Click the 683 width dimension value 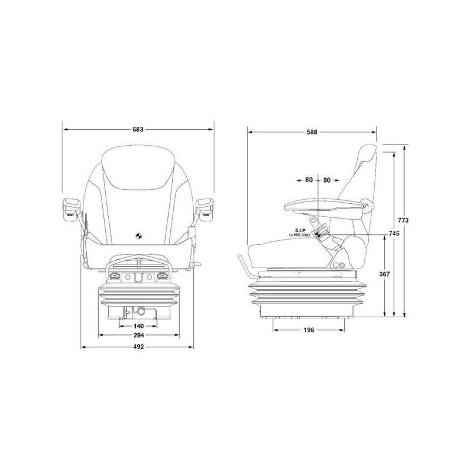coord(138,129)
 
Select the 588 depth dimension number coord(312,132)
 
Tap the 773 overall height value coord(403,220)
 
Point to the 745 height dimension coord(394,233)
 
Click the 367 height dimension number coord(385,274)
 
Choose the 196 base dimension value coord(309,330)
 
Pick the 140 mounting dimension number coord(138,326)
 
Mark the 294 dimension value coord(139,335)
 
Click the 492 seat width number coord(138,347)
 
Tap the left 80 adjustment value coord(309,180)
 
